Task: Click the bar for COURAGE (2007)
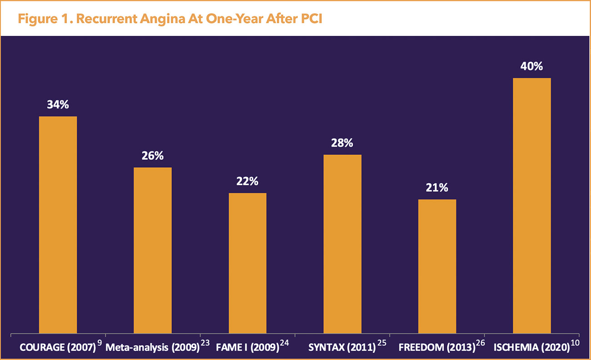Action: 58,225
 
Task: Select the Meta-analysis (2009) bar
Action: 152,250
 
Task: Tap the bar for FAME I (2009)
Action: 247,263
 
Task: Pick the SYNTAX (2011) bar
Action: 342,244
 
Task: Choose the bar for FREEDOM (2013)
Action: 437,266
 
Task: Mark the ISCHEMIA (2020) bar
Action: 531,206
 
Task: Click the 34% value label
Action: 58,105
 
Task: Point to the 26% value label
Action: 152,156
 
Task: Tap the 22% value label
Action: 247,181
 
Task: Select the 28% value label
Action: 342,143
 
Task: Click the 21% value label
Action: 437,188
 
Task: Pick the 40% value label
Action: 531,66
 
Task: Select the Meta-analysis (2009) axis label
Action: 153,348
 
